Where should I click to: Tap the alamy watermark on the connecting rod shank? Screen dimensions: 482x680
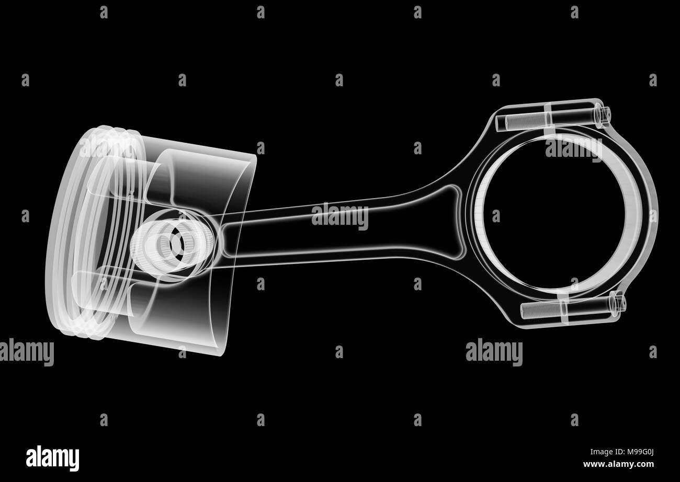339,216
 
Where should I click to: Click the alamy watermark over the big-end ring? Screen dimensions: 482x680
573,147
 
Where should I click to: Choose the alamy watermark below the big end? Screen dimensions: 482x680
494,352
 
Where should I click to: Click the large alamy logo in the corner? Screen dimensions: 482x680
52,457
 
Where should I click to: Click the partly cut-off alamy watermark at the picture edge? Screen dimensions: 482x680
26,352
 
